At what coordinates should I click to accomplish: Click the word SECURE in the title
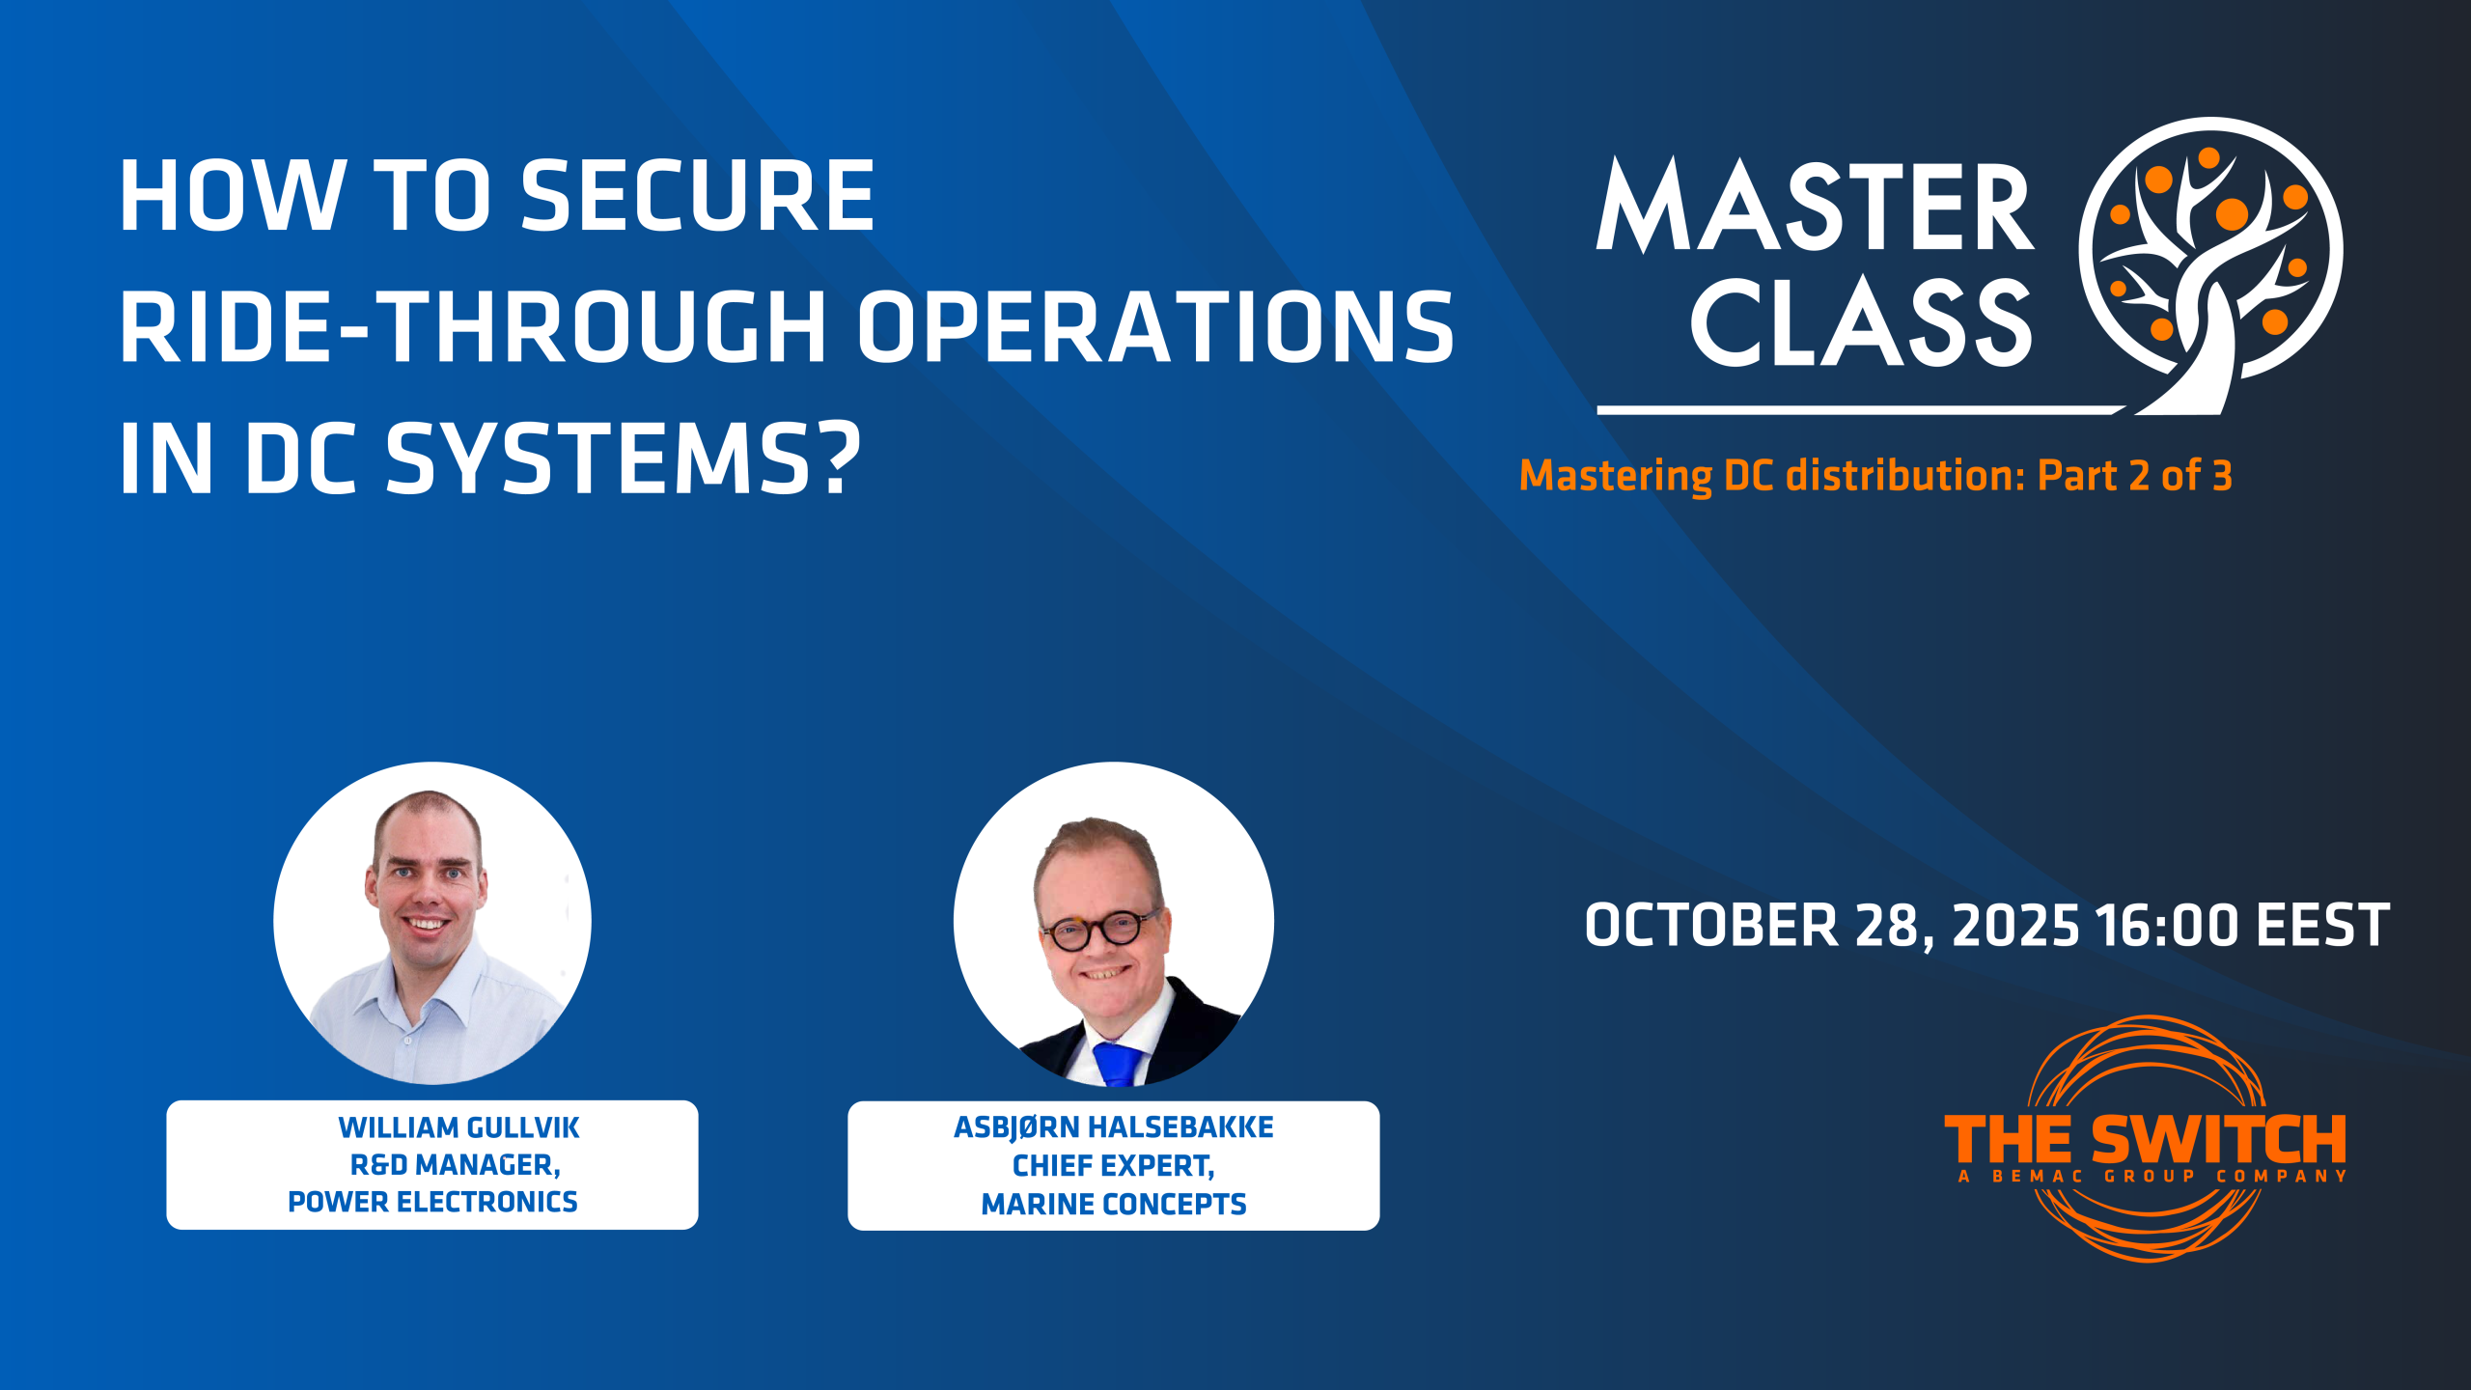pos(698,197)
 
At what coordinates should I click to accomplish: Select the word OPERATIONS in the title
pos(1155,327)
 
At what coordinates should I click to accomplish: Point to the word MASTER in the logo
pos(1816,207)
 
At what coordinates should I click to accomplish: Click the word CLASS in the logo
pos(1861,322)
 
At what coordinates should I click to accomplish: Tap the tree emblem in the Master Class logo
pos(2210,265)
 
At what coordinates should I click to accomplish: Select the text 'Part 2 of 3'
pos(2134,476)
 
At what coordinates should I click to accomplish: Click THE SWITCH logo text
pos(2145,1140)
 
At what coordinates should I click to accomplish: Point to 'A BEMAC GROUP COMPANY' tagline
pos(2152,1176)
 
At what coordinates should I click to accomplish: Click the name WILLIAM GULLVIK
pos(458,1127)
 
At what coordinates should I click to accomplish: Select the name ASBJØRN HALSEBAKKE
pos(1114,1127)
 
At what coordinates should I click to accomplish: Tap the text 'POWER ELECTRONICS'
pos(432,1202)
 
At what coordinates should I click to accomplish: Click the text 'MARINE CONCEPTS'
pos(1114,1205)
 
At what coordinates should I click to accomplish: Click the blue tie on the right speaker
pos(1118,1063)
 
